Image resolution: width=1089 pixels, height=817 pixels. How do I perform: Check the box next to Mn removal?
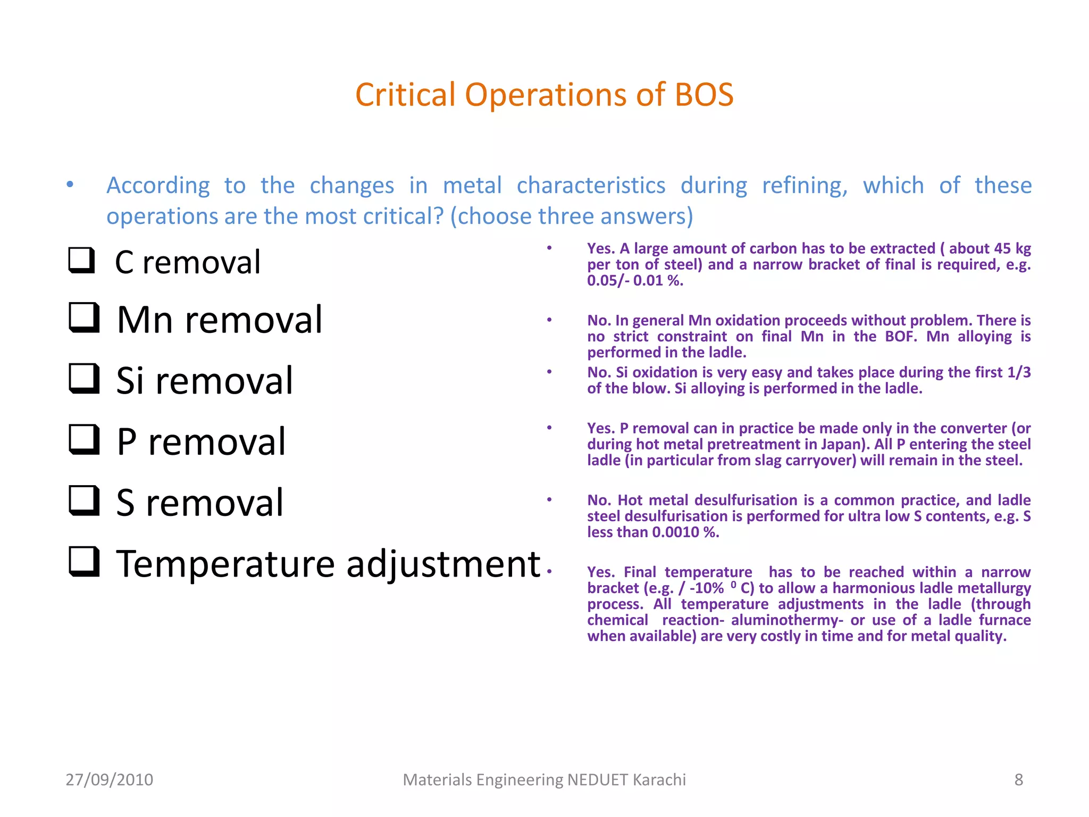(84, 318)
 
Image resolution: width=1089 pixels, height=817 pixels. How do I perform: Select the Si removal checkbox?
(84, 379)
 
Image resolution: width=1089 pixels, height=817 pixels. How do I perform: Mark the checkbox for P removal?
(84, 439)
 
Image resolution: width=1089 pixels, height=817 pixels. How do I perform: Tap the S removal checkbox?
(84, 501)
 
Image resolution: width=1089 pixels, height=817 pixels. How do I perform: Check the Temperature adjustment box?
(84, 562)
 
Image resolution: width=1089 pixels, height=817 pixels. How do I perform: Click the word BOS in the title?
(704, 95)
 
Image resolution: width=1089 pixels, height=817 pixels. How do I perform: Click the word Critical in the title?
(405, 95)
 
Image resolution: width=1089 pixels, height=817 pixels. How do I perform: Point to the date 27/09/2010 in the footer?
(109, 780)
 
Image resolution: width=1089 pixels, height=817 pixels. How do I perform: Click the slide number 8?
(1018, 780)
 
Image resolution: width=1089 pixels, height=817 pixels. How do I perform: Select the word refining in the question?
(805, 186)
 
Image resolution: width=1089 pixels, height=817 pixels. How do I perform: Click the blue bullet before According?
(70, 185)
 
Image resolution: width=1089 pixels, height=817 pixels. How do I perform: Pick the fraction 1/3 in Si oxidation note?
(1019, 372)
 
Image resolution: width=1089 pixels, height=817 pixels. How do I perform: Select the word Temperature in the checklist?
(226, 564)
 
